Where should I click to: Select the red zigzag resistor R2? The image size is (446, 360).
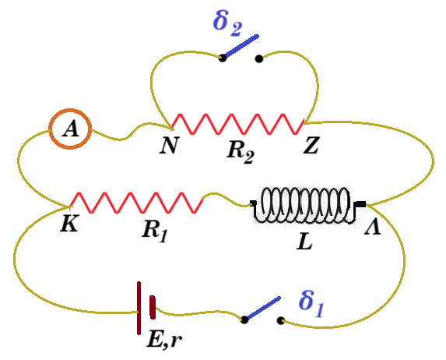tap(238, 124)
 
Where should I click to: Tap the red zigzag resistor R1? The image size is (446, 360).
tap(136, 203)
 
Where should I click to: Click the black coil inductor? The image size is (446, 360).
tap(307, 204)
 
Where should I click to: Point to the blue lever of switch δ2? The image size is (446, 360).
tap(241, 46)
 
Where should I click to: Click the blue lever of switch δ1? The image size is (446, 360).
tap(263, 308)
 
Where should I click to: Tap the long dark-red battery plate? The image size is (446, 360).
tap(139, 308)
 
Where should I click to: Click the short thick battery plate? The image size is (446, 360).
tap(153, 307)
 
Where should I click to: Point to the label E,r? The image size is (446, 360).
tap(164, 339)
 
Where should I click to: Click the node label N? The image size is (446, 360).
tap(169, 146)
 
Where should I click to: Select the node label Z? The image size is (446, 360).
tap(311, 146)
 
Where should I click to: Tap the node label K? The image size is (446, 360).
tap(69, 224)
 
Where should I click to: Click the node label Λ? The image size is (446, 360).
tap(373, 227)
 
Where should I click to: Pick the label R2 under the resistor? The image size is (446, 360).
tap(241, 153)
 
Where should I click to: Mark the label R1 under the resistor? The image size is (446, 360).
tap(155, 231)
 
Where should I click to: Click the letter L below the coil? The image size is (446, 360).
tap(304, 242)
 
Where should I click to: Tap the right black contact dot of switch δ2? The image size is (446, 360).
tap(259, 58)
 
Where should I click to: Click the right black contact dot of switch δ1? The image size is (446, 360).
tap(280, 321)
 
